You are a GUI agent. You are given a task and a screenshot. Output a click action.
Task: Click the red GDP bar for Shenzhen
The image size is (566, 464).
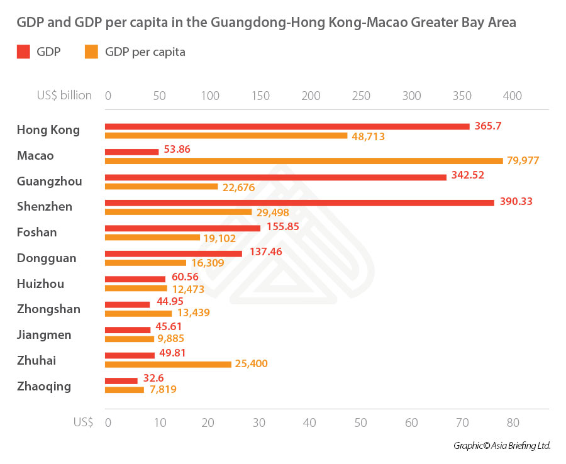299,202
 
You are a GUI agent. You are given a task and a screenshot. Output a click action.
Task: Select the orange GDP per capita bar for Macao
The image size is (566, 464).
304,161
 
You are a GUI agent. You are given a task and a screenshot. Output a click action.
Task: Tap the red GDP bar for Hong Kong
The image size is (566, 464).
287,126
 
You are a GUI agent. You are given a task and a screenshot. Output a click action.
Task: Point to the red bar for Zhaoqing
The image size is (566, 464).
121,380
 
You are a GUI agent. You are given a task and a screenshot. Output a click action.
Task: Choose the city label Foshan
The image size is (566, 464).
36,232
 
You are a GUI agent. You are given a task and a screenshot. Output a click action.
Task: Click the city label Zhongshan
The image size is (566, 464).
48,309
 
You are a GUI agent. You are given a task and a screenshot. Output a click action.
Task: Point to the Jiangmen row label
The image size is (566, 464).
44,334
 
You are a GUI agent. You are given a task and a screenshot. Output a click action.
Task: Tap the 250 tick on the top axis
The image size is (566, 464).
361,96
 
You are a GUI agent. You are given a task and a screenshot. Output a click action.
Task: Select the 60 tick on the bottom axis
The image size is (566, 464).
411,423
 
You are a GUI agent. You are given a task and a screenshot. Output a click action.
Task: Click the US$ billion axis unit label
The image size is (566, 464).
64,96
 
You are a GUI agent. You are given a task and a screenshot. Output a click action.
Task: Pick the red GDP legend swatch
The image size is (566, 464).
23,52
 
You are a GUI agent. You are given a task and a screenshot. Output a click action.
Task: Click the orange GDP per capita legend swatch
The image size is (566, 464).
91,52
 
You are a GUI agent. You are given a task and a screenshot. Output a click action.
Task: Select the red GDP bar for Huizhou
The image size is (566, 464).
135,279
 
